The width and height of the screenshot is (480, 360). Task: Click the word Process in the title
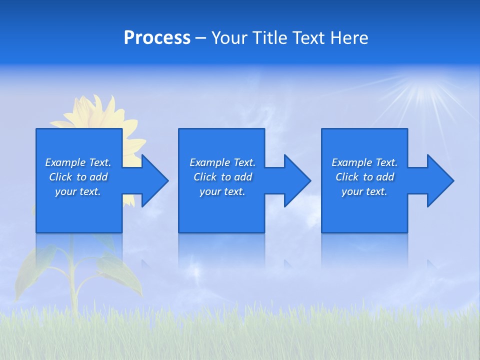click(157, 38)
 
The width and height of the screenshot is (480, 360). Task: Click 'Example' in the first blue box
click(65, 162)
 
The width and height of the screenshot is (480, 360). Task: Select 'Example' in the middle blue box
click(209, 162)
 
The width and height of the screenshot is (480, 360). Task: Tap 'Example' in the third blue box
click(351, 162)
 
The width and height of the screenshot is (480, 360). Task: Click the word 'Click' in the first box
click(60, 177)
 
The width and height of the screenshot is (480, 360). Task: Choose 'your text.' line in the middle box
click(222, 191)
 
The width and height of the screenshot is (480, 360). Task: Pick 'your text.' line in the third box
click(364, 191)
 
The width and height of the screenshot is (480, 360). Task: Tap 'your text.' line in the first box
click(77, 191)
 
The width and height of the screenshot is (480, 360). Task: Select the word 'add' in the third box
click(385, 177)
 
